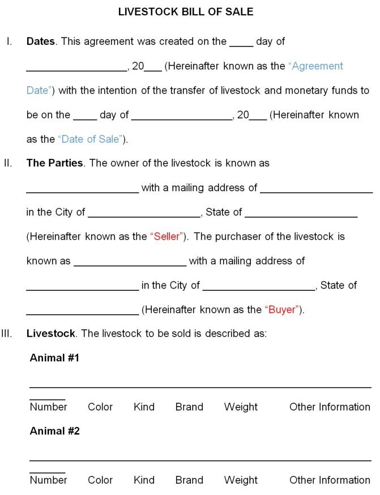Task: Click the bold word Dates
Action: pos(41,41)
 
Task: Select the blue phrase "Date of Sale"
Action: pos(90,139)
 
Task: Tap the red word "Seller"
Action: pos(167,236)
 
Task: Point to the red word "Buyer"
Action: pos(282,310)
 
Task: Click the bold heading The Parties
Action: pos(55,163)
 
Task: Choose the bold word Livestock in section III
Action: pos(50,333)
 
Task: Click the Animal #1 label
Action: pos(54,358)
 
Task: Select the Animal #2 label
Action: pos(54,431)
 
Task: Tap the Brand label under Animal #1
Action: pos(189,407)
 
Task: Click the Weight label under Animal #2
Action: pos(241,480)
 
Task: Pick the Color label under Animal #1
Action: pos(100,407)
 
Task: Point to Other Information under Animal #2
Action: pos(330,480)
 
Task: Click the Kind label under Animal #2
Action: pos(144,480)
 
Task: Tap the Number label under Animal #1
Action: pos(49,407)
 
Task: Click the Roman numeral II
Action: pos(8,163)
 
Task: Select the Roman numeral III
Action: pos(7,333)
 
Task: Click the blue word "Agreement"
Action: pos(316,66)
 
